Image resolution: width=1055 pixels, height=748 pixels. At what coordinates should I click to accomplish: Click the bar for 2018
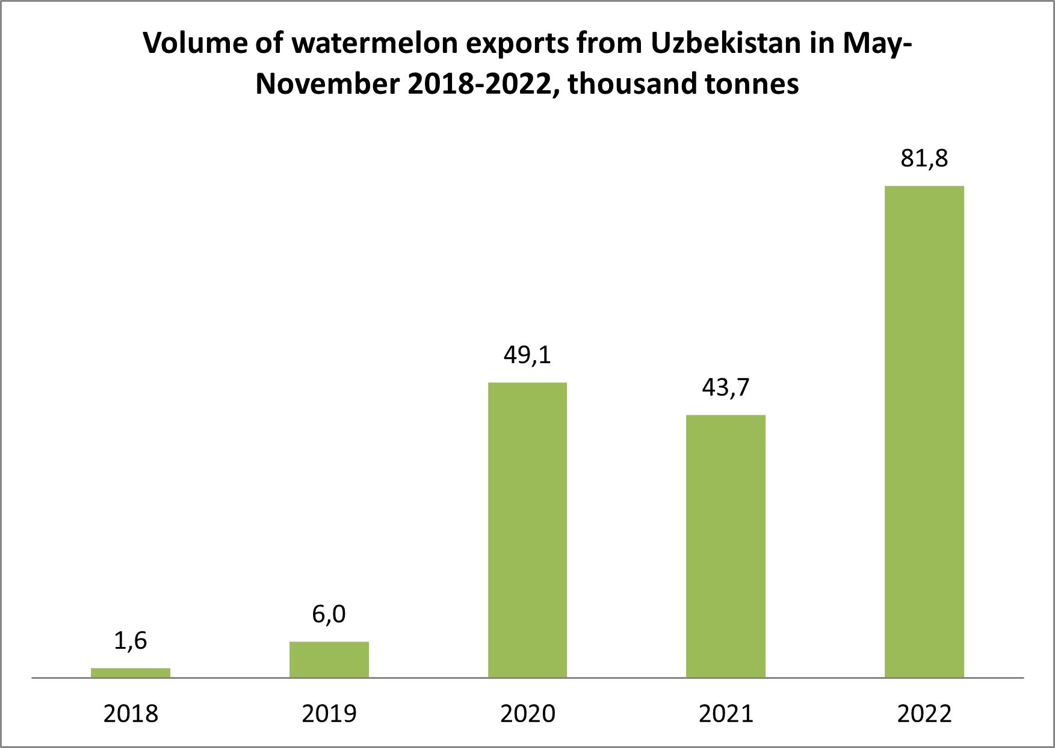click(131, 672)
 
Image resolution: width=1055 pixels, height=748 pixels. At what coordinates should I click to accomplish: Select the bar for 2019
click(329, 659)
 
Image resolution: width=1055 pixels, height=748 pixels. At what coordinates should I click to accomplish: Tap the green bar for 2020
click(527, 530)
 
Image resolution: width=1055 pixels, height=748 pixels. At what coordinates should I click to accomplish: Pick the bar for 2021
click(726, 546)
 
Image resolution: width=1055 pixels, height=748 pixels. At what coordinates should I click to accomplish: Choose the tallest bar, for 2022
click(924, 432)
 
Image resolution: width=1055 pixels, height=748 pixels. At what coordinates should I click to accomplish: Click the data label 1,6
click(131, 641)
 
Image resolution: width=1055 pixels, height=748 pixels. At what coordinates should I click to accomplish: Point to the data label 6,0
click(329, 614)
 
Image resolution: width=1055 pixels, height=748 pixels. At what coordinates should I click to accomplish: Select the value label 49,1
click(527, 355)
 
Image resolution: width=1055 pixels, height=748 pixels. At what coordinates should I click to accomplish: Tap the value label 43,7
click(726, 388)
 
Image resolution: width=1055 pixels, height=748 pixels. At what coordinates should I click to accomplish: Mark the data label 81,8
click(924, 159)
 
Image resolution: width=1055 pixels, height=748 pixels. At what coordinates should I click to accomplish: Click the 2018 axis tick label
click(131, 714)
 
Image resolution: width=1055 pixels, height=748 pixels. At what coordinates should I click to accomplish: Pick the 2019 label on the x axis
click(329, 714)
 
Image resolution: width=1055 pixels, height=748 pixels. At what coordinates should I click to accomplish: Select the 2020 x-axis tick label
click(527, 714)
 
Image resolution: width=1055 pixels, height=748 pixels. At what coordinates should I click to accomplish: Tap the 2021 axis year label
click(726, 714)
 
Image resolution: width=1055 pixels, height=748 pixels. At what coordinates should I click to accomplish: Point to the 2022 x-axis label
click(924, 714)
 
